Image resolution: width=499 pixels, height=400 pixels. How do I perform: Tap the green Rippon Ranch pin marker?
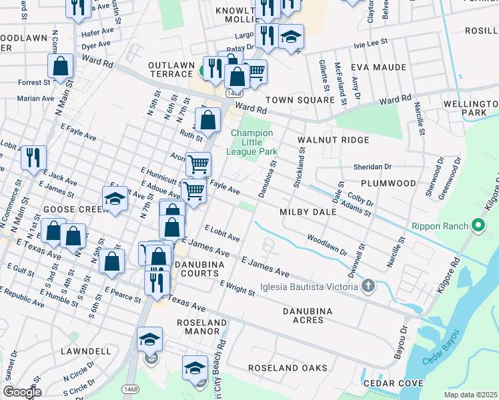pos(478,226)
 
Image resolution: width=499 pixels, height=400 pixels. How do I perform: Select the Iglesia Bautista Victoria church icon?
pos(368,287)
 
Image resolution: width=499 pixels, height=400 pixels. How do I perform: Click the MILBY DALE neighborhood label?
pos(307,211)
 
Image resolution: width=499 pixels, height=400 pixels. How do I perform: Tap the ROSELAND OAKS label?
pos(288,368)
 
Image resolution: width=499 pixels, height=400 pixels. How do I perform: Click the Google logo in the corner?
pos(22,392)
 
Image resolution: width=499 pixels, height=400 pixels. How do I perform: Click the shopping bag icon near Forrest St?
pos(60,67)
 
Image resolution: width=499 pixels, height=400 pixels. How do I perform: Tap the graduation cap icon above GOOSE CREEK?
pos(115,199)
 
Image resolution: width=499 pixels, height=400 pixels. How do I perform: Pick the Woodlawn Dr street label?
pos(327,245)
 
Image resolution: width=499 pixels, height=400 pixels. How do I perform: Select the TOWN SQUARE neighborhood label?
pos(300,100)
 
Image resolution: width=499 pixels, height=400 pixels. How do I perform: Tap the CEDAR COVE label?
pos(393,383)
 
